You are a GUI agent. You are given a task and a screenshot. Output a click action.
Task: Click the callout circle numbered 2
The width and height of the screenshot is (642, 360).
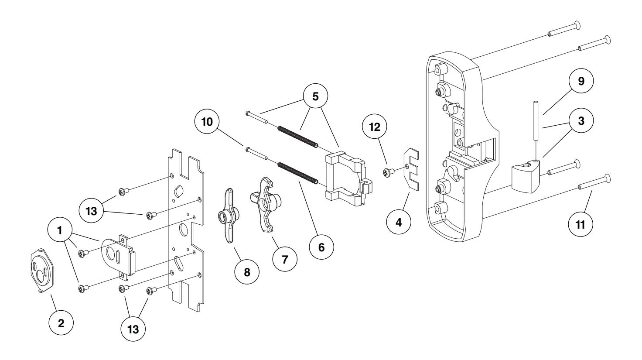click(61, 323)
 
